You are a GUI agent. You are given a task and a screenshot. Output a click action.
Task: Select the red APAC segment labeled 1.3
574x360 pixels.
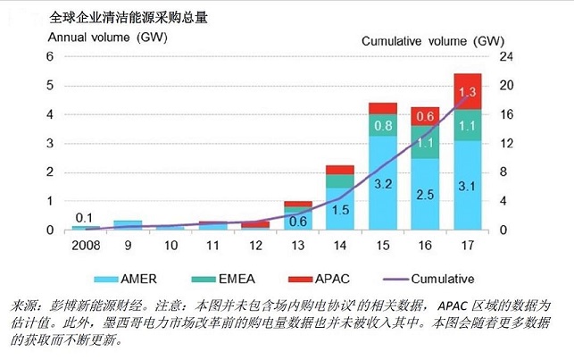click(468, 92)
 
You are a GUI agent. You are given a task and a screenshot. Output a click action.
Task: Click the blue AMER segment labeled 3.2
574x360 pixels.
click(382, 184)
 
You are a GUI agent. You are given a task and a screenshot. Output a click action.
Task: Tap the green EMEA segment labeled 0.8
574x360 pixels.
click(382, 125)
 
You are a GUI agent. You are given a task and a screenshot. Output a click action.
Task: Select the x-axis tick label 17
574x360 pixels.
click(468, 247)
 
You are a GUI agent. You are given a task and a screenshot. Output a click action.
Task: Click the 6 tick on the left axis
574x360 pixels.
click(50, 56)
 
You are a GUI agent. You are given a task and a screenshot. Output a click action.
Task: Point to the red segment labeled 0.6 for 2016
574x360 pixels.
click(425, 116)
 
